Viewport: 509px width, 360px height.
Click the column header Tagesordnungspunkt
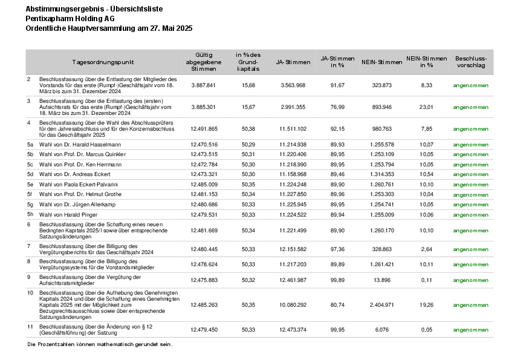(x=103, y=62)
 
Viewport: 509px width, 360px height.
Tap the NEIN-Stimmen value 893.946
(x=382, y=107)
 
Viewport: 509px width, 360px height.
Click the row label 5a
(x=30, y=145)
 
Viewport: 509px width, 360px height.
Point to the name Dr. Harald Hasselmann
(x=91, y=145)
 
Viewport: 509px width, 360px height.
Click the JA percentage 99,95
(x=337, y=329)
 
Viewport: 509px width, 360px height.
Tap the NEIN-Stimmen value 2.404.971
(x=382, y=305)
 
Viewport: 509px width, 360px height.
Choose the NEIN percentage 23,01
(x=427, y=107)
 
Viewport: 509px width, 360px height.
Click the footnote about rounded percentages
(x=100, y=344)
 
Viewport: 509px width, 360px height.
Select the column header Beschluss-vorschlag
(x=470, y=62)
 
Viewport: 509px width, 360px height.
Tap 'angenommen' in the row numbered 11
(x=470, y=329)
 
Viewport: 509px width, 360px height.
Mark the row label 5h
(x=30, y=214)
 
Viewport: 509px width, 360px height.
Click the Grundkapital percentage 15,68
(x=248, y=85)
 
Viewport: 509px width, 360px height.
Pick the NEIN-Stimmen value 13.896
(x=382, y=280)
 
